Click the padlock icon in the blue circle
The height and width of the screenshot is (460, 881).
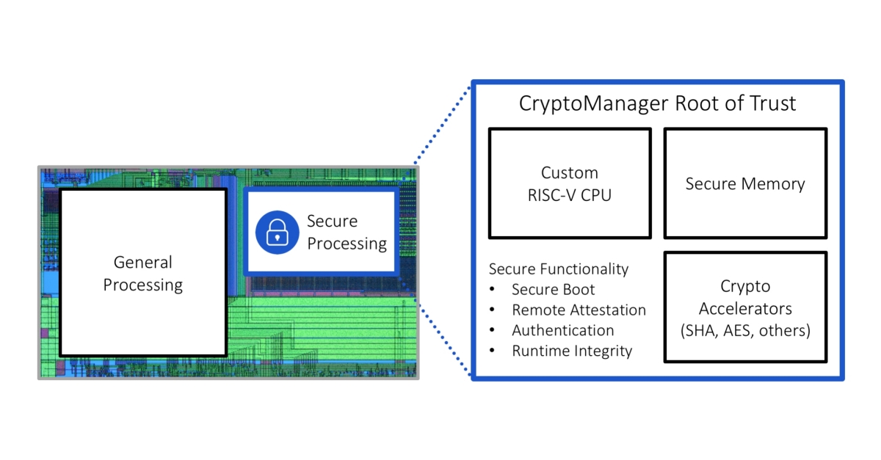[x=276, y=233]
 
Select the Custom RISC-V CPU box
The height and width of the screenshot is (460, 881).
[x=570, y=183]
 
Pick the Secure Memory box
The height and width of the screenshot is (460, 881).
[x=745, y=183]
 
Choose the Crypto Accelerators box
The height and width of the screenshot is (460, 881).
[x=745, y=307]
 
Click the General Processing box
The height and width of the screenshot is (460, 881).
[x=142, y=272]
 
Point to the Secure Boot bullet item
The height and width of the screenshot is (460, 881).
[x=553, y=289]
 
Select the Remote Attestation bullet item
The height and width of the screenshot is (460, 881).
[x=579, y=310]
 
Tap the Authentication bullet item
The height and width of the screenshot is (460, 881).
[x=562, y=330]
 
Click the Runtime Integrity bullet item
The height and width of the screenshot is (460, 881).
[x=571, y=351]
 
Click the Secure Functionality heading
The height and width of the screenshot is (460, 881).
[x=559, y=269]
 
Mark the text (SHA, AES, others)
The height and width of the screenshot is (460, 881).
[x=745, y=331]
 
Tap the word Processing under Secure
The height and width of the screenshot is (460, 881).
[x=347, y=244]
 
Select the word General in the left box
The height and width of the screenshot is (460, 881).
[x=142, y=262]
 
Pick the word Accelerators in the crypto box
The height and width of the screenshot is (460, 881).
[x=745, y=308]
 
